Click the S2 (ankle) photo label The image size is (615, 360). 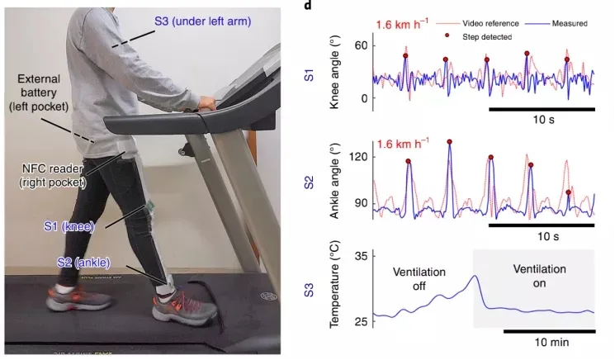point(80,263)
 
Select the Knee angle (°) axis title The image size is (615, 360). point(336,75)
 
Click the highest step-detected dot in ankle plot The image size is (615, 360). point(449,142)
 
